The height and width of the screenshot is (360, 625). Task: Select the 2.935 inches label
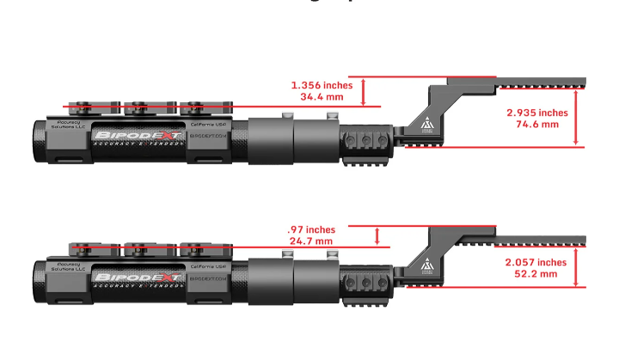(x=537, y=113)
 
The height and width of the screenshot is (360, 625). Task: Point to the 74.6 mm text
(x=537, y=125)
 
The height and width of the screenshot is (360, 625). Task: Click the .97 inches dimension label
(x=311, y=229)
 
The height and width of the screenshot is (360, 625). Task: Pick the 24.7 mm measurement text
(x=310, y=241)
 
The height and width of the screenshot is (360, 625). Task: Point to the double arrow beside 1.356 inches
(x=365, y=91)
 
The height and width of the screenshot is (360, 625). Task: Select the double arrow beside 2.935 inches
(x=577, y=119)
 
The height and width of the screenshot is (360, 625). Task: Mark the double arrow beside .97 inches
(x=377, y=235)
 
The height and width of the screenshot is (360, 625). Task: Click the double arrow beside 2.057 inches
(x=577, y=267)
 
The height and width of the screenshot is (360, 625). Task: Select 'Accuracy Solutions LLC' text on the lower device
(x=69, y=266)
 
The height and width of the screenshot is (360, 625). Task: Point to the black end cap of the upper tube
(x=40, y=140)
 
